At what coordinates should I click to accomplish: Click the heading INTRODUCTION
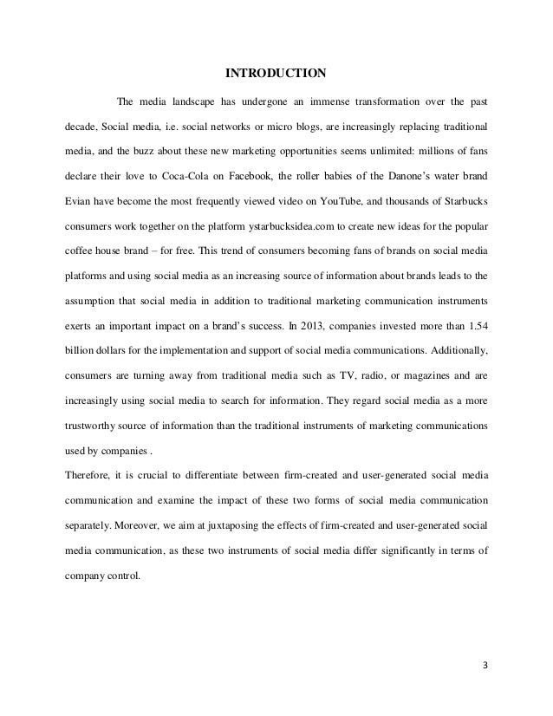point(276,70)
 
